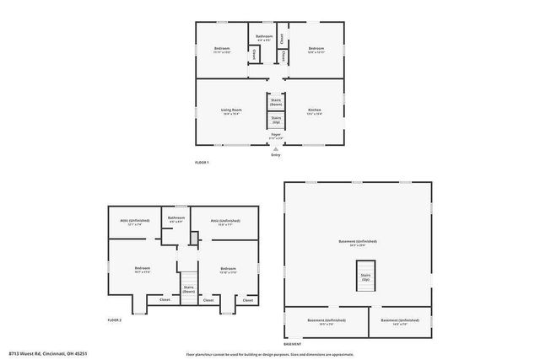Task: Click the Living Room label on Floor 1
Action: pos(231,110)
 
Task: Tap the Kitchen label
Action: pos(314,110)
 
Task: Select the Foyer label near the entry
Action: pos(276,135)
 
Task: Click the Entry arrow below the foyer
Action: pos(276,148)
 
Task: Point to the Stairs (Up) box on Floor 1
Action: pos(276,119)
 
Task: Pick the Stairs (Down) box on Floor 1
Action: pos(276,101)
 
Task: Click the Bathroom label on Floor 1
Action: pos(264,37)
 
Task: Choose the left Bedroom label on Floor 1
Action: pos(222,48)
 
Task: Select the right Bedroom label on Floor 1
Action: pos(316,48)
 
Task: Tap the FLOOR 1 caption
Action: pos(202,162)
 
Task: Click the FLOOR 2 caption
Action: pos(115,320)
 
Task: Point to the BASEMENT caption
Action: pos(292,344)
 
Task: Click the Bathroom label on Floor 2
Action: pos(176,218)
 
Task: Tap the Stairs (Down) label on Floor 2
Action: pos(188,288)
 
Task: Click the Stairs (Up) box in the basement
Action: pos(365,277)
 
